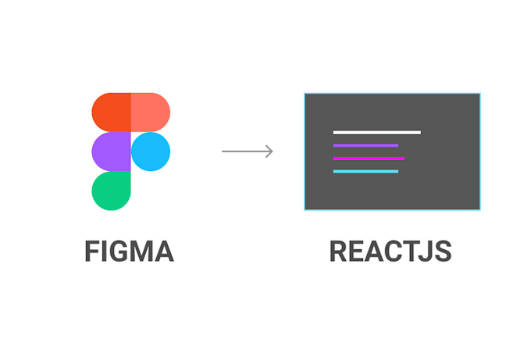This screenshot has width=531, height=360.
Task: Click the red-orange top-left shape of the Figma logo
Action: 111,112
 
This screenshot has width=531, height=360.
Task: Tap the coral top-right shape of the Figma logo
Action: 150,112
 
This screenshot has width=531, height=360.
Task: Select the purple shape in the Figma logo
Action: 111,151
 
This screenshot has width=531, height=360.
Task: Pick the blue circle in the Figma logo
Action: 151,151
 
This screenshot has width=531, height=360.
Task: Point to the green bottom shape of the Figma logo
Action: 111,191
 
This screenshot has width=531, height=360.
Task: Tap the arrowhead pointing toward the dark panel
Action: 269,151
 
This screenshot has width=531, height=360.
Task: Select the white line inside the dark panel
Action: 376,133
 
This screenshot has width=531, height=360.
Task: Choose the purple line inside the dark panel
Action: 365,145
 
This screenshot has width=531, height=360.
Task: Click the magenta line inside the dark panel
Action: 369,159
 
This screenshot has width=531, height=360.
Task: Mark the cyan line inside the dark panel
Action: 365,171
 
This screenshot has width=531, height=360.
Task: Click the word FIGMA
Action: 129,251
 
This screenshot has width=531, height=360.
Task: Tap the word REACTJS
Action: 390,251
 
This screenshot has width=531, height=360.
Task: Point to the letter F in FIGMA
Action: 92,251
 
